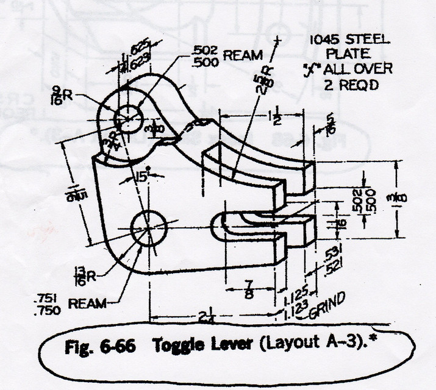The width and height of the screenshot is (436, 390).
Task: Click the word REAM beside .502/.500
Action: (x=243, y=55)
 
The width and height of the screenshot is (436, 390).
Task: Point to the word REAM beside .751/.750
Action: (x=87, y=303)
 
